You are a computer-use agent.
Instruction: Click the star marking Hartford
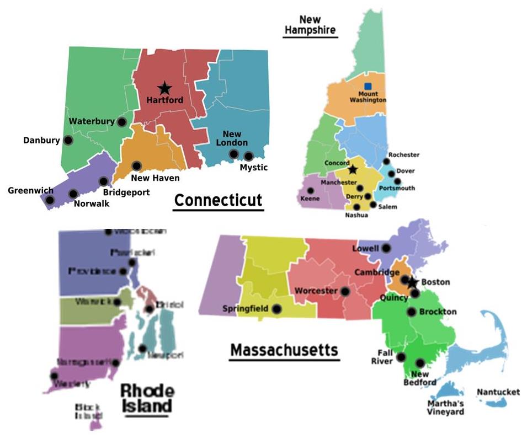point(164,88)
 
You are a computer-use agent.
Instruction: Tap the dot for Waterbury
point(122,121)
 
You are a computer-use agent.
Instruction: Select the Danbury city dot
point(68,140)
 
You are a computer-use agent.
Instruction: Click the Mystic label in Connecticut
point(254,167)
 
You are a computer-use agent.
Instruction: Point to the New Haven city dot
point(136,165)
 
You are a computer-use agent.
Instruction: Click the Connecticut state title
point(219,200)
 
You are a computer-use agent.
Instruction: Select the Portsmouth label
point(398,188)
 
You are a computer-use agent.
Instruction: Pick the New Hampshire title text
point(310,25)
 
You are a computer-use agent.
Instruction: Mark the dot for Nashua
point(348,207)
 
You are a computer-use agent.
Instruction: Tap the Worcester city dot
point(346,291)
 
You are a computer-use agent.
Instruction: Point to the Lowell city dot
point(386,249)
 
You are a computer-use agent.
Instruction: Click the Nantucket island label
point(498,392)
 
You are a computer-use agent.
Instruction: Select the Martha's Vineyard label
point(445,407)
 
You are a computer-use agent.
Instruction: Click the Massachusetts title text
point(284,350)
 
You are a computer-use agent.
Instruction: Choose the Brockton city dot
point(412,312)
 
